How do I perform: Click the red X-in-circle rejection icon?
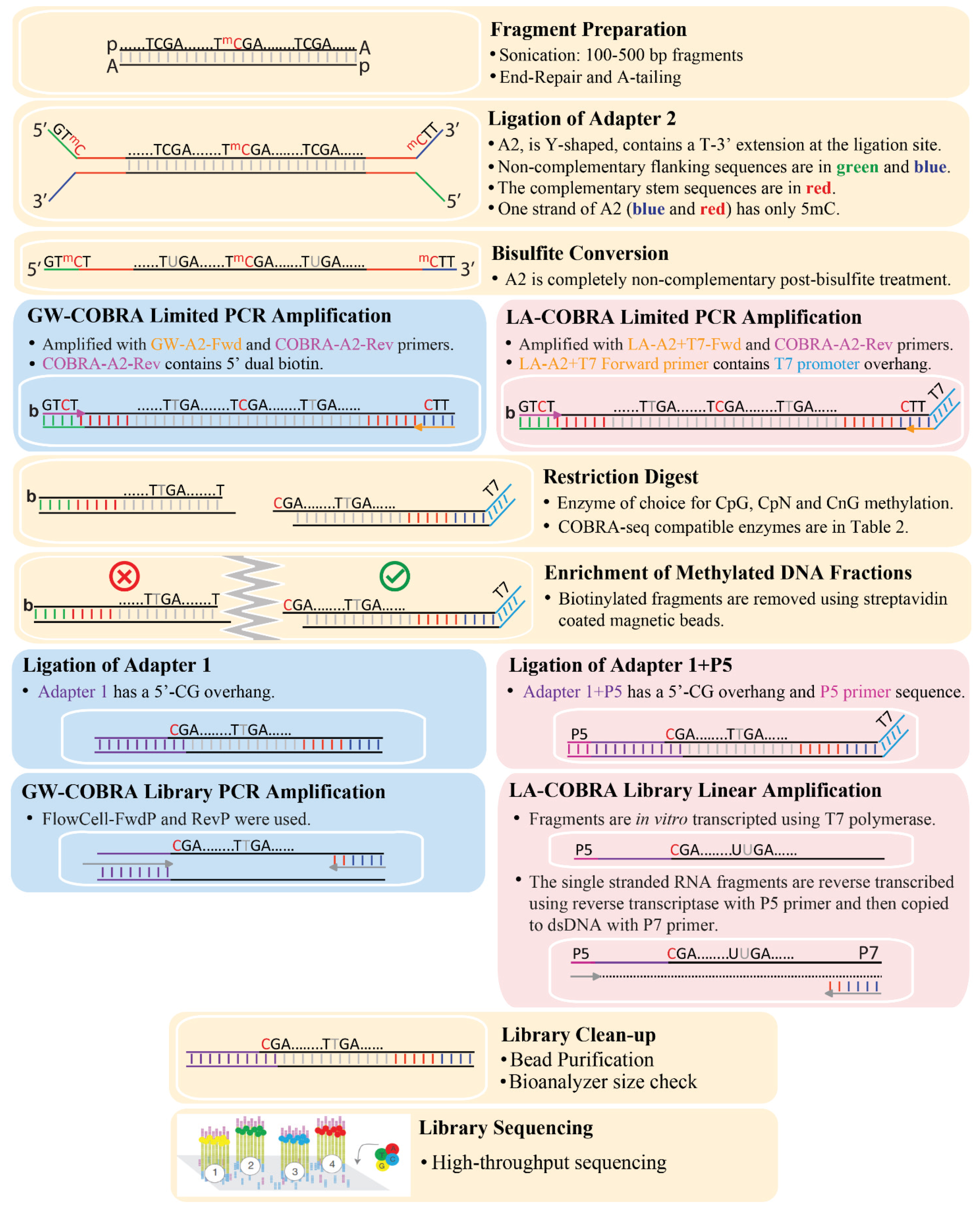124,576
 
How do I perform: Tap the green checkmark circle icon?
395,576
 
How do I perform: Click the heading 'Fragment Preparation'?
588,29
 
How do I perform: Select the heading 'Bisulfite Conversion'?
580,253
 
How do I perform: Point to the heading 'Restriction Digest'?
620,477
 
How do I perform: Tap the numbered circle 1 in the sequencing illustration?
215,1172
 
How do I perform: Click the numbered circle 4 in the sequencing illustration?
332,1164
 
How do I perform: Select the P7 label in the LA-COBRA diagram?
868,953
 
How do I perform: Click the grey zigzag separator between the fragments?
252,598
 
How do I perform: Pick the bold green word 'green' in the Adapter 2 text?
857,167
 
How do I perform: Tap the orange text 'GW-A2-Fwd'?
196,344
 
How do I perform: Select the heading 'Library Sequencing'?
506,1128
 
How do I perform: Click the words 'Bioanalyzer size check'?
603,1082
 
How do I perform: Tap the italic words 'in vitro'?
662,819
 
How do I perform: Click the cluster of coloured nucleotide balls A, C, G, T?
387,1157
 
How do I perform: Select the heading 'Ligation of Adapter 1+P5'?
620,665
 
